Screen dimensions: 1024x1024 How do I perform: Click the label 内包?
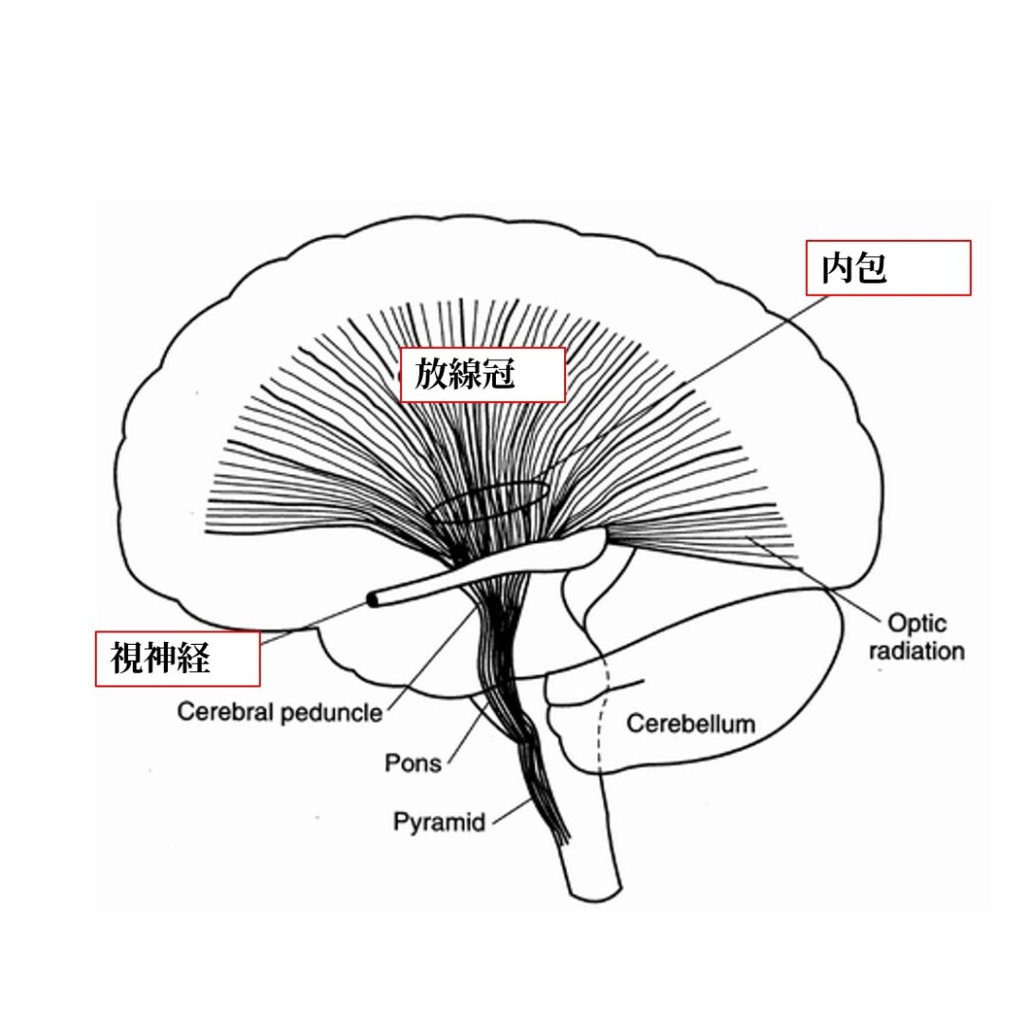click(853, 269)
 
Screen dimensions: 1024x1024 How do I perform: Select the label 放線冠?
click(465, 375)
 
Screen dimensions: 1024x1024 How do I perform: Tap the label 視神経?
click(159, 657)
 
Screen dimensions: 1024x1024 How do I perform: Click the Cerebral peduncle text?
click(280, 712)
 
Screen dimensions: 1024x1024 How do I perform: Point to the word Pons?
click(413, 762)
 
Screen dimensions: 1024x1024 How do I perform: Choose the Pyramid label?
click(439, 821)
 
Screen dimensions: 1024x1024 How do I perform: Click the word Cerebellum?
click(691, 724)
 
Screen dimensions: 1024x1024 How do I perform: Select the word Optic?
click(916, 624)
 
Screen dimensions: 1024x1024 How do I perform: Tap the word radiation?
click(916, 651)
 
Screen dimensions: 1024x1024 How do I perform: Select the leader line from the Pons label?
click(469, 730)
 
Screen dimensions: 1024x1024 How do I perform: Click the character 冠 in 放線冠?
click(499, 375)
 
